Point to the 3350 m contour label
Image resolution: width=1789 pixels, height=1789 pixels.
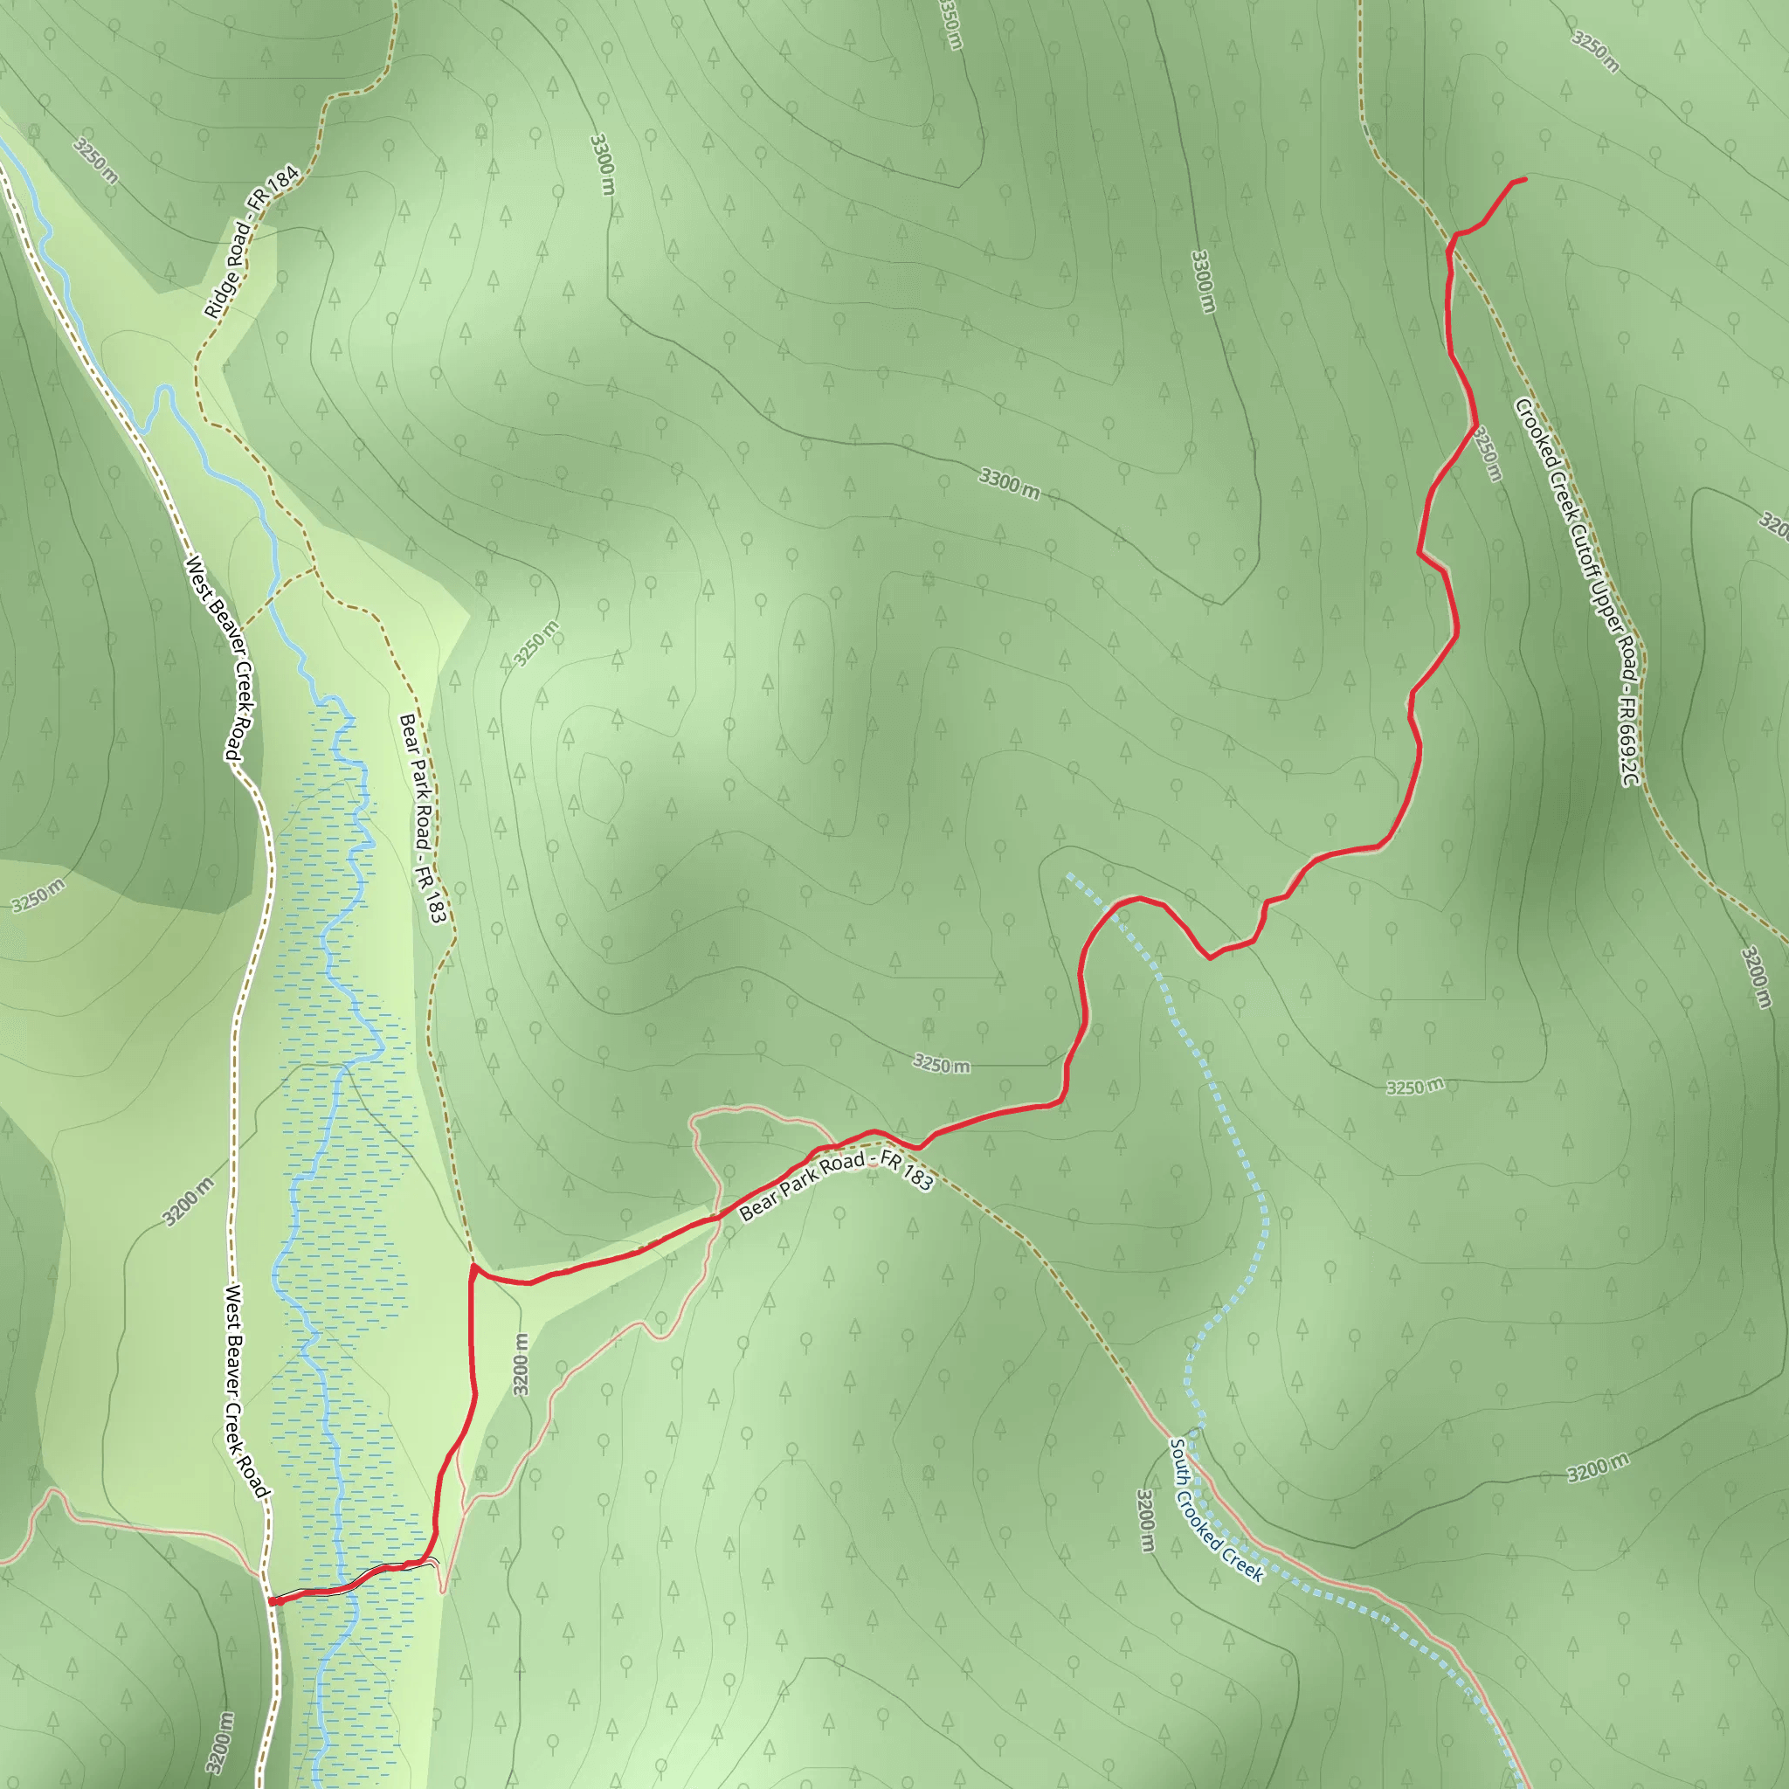(x=951, y=24)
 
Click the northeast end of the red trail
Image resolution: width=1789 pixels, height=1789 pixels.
(x=1524, y=179)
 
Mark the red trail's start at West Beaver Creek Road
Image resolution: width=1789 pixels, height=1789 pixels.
(x=272, y=1601)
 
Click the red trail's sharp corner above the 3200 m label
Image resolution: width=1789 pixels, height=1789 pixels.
(x=474, y=1265)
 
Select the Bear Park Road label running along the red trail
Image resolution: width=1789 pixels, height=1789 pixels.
(x=836, y=1186)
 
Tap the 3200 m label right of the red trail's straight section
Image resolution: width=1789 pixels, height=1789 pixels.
(x=522, y=1364)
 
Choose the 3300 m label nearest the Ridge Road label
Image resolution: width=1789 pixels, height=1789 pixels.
(x=602, y=165)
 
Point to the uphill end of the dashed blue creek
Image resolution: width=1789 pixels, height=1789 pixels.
(x=1069, y=874)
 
